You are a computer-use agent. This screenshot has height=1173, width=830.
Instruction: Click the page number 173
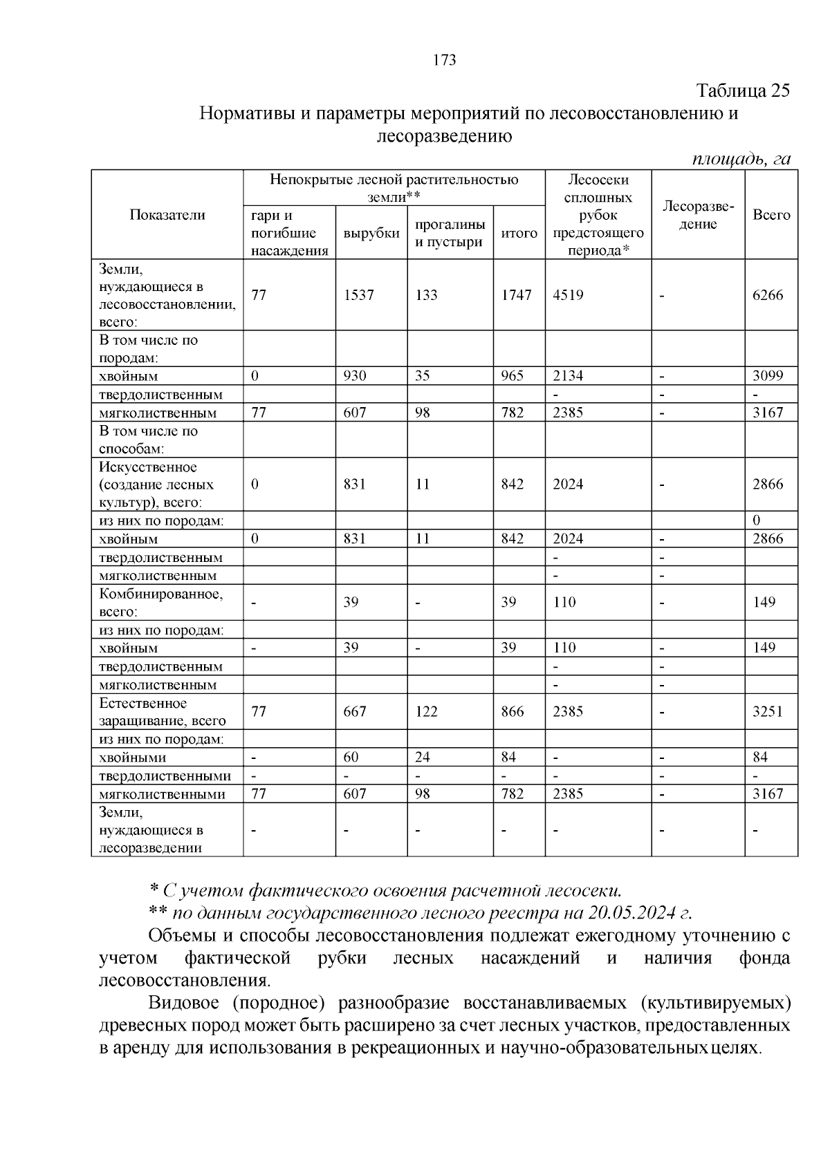coord(444,60)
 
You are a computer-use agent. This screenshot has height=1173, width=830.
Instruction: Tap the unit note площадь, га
coord(741,158)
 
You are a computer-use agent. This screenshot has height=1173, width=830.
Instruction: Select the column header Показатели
coord(167,215)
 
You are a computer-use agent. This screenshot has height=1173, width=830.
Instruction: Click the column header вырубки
coord(371,233)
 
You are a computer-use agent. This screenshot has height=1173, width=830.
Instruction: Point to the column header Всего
coord(771,215)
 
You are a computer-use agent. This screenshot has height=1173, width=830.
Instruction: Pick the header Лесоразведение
coord(698,215)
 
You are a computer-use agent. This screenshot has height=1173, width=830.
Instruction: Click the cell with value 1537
coord(358,295)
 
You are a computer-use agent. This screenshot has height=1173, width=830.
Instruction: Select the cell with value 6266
coord(768,295)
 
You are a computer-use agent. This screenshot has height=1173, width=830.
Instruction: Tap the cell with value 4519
coord(568,295)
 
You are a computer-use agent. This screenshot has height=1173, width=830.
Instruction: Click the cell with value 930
coord(355,376)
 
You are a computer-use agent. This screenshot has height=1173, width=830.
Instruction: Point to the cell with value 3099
coord(768,376)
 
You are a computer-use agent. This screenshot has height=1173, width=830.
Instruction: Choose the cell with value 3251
coord(768,711)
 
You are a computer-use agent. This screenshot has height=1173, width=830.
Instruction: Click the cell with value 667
coord(355,711)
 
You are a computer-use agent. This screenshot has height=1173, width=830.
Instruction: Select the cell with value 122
coord(426,711)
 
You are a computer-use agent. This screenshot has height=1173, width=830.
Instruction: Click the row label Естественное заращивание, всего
coord(162,712)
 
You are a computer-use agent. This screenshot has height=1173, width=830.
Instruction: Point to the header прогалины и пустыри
coord(450,233)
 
